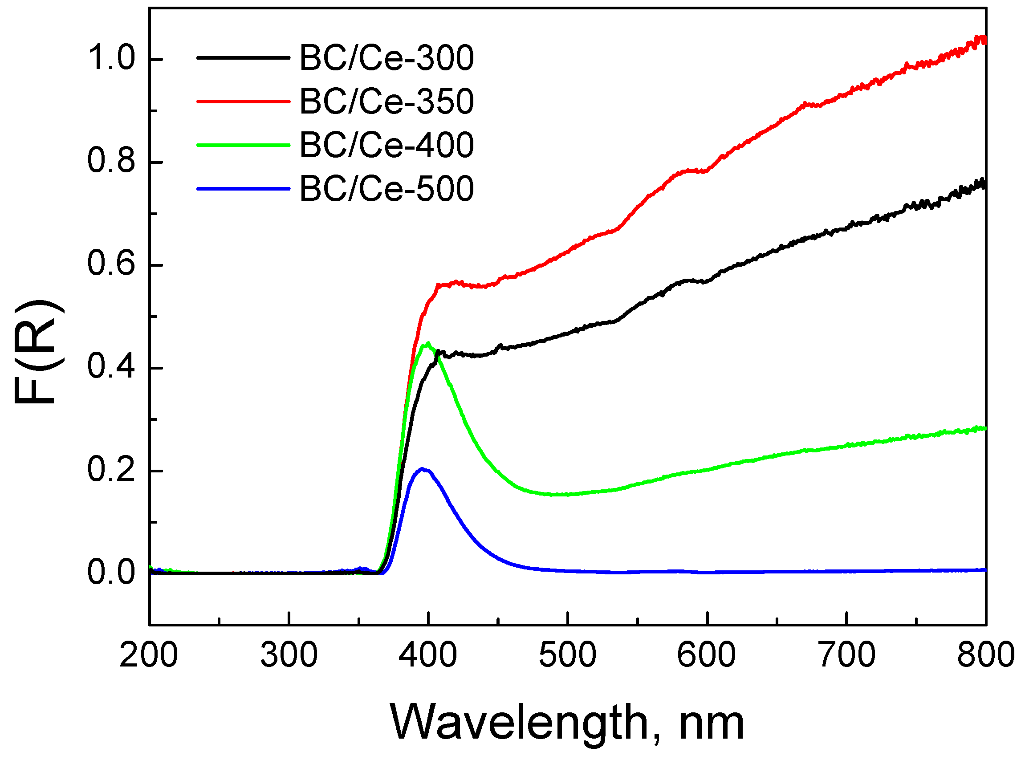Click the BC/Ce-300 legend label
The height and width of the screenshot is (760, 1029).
(386, 58)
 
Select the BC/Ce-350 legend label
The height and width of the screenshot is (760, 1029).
(386, 102)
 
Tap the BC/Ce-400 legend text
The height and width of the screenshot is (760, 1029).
(386, 146)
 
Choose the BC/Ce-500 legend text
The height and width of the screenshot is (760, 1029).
(386, 189)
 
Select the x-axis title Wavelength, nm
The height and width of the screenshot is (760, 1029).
(567, 723)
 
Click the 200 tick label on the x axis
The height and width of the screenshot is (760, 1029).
(149, 655)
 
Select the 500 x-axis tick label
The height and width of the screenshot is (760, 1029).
(567, 655)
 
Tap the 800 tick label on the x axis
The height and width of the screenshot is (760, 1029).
(986, 655)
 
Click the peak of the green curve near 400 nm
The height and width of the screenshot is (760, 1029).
(428, 343)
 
